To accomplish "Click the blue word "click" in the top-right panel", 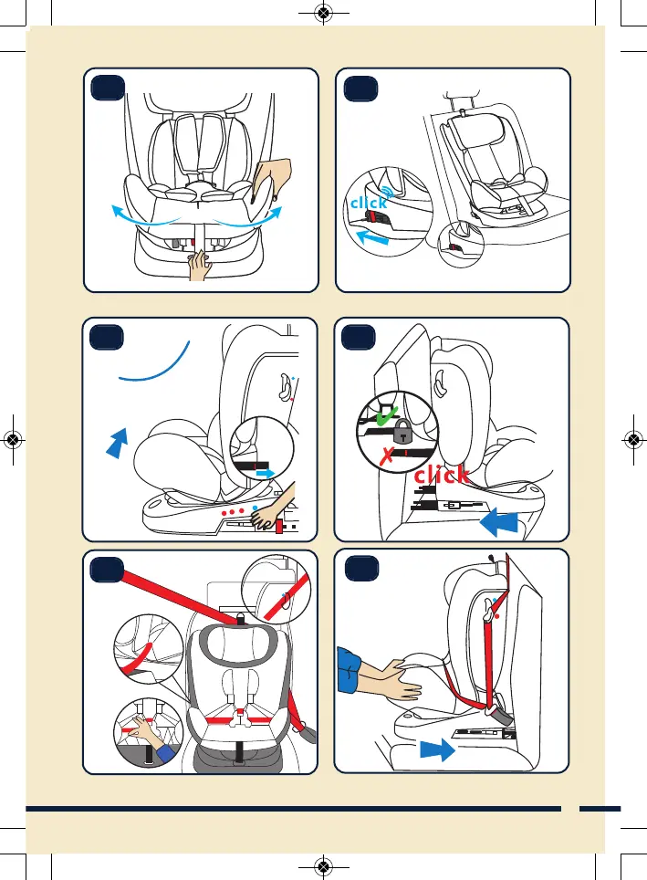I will click(370, 204).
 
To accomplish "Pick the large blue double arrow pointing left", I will click(499, 523).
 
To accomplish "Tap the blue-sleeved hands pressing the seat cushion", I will click(374, 676).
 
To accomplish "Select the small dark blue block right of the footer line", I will click(600, 808).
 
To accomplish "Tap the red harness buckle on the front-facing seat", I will click(239, 711).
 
